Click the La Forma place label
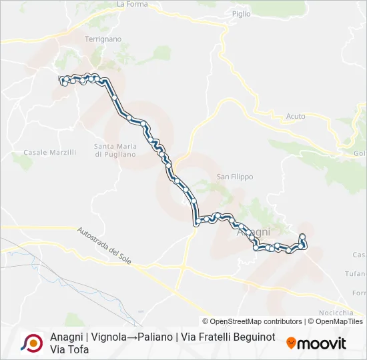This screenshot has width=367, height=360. [131, 4]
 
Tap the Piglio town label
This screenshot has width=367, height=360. [242, 13]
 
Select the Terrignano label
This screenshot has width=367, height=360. [103, 39]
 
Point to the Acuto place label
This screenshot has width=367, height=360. [296, 117]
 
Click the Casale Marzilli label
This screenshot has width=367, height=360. [50, 153]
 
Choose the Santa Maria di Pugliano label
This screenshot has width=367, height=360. [115, 150]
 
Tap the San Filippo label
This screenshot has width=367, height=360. [235, 177]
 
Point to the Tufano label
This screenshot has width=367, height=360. [356, 274]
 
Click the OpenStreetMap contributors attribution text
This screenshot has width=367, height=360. [252, 321]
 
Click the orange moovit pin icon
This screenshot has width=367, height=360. [291, 343]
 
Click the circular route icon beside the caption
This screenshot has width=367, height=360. [32, 343]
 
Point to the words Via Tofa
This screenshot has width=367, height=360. [69, 350]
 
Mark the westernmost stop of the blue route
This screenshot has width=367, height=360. [62, 80]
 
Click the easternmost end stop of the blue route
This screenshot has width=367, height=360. [302, 237]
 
